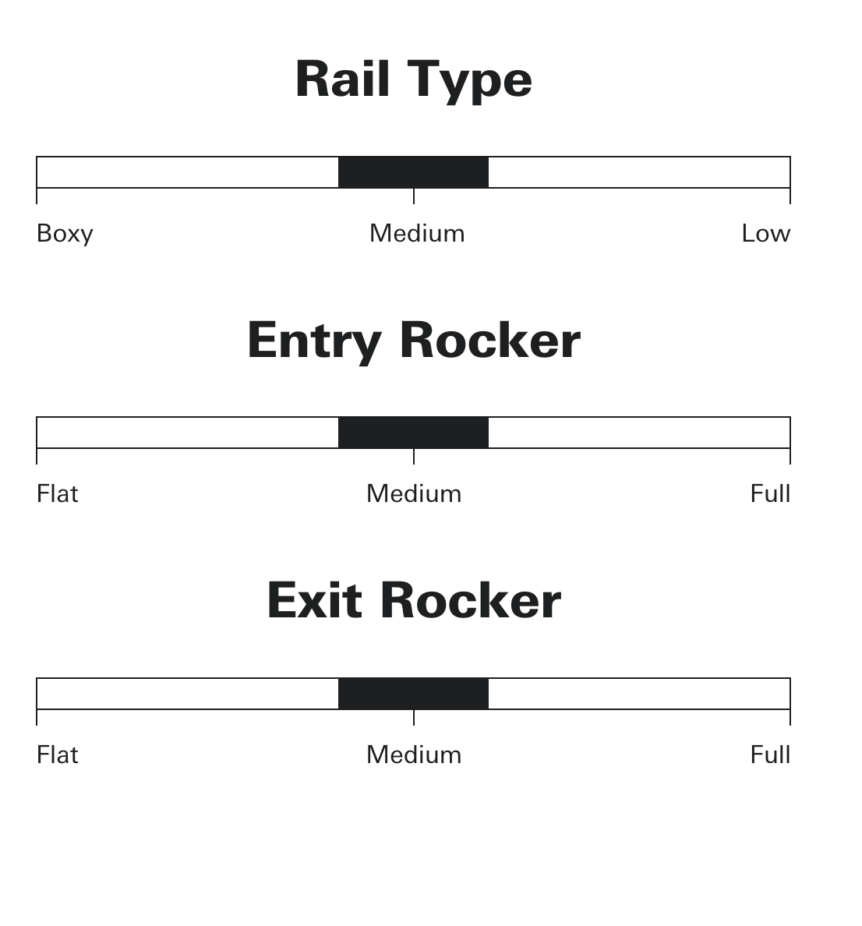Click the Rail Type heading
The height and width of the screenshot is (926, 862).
[414, 80]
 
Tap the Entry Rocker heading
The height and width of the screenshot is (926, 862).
[414, 341]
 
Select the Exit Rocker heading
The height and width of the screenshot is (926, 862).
[414, 601]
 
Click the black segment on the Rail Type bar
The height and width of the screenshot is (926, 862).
[413, 172]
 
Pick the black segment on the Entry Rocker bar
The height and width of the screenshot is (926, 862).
[413, 433]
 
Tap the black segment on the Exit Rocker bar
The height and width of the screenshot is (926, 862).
[413, 694]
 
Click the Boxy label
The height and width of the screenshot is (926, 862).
[65, 234]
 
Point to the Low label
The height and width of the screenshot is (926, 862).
[765, 234]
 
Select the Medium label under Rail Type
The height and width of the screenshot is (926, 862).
[417, 234]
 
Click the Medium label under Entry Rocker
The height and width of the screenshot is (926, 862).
[414, 494]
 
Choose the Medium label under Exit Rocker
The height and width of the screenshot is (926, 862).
[414, 755]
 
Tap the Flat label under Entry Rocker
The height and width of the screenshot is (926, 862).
[58, 494]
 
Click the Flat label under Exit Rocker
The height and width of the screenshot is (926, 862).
[58, 755]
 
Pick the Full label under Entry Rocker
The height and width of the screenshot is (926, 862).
[770, 494]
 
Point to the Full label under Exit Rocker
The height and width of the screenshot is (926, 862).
[770, 755]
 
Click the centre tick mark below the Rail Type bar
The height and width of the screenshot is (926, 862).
[414, 196]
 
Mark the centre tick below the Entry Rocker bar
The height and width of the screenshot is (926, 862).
[414, 457]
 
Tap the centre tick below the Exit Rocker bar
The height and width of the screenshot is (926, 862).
[414, 718]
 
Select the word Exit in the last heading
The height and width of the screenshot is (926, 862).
[314, 601]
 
